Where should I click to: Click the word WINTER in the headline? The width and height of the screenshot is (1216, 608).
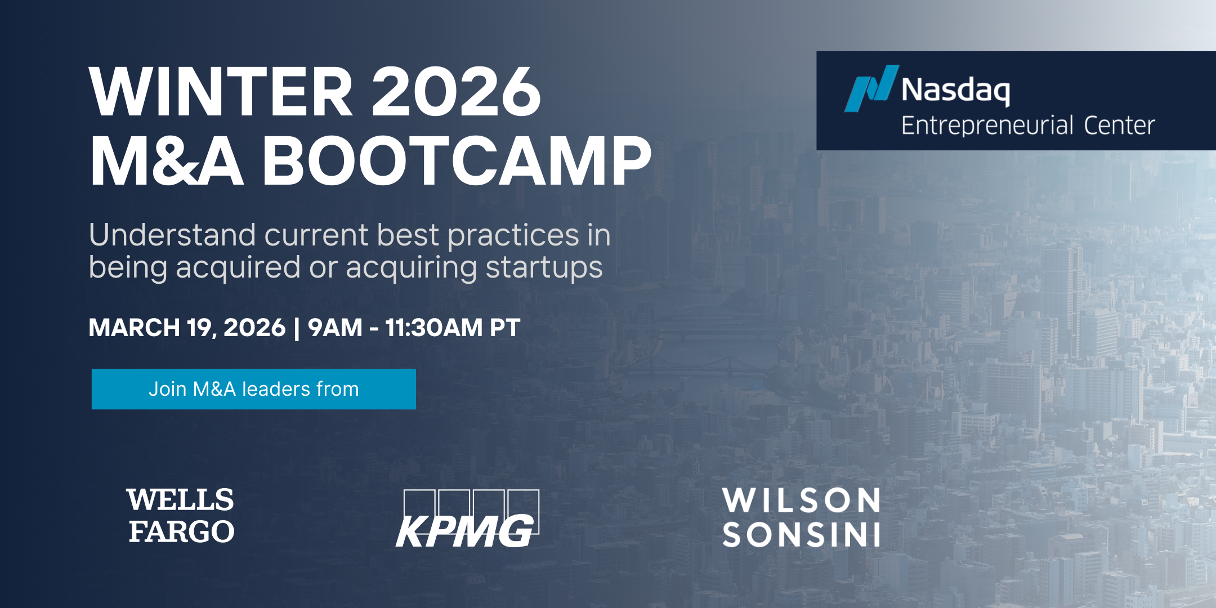pyautogui.click(x=221, y=91)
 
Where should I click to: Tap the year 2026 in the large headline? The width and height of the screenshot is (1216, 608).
pyautogui.click(x=457, y=91)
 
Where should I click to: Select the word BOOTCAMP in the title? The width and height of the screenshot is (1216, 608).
pyautogui.click(x=457, y=161)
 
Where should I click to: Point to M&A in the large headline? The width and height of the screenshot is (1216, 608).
pyautogui.click(x=167, y=161)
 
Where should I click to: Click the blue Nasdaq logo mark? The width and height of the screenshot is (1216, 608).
pyautogui.click(x=871, y=88)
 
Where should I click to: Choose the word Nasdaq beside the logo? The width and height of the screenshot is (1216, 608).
pyautogui.click(x=955, y=90)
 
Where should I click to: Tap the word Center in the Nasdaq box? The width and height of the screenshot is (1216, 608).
pyautogui.click(x=1119, y=126)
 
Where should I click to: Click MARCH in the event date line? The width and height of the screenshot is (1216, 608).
pyautogui.click(x=134, y=328)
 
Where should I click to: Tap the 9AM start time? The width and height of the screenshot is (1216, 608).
pyautogui.click(x=335, y=328)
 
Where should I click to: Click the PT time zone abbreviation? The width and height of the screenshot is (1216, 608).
pyautogui.click(x=505, y=328)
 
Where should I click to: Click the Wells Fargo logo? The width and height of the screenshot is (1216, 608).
pyautogui.click(x=181, y=516)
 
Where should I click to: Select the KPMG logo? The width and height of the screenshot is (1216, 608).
pyautogui.click(x=467, y=518)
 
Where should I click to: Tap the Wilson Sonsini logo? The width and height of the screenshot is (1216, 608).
pyautogui.click(x=801, y=517)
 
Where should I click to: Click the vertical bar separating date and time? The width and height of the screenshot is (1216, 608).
pyautogui.click(x=297, y=328)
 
